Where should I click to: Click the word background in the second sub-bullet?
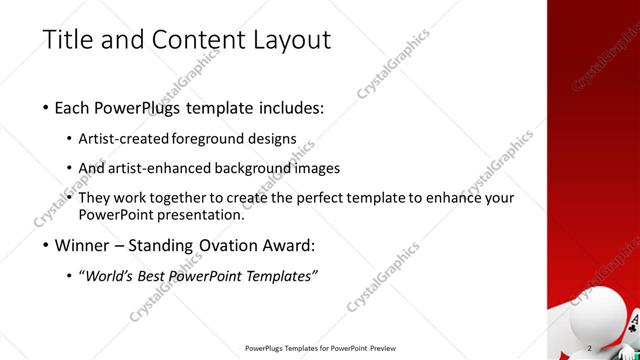(x=257, y=168)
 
